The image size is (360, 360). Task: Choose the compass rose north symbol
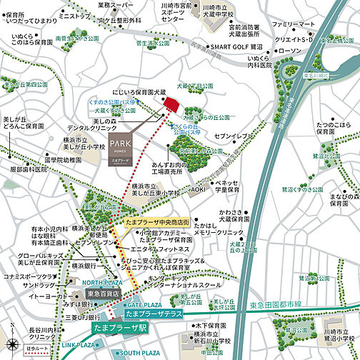(14, 333)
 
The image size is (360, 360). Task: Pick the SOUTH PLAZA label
(140, 353)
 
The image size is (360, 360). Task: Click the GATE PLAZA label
(145, 304)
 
